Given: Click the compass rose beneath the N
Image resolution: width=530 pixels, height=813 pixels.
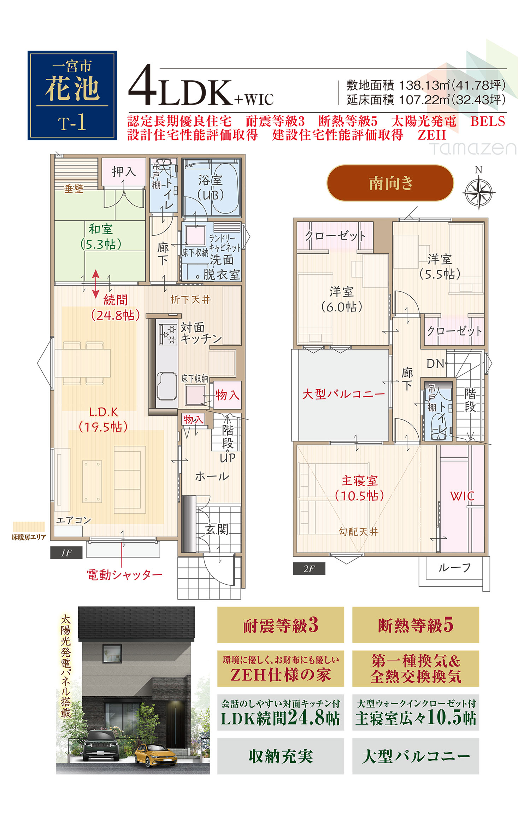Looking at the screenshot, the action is tap(478, 193).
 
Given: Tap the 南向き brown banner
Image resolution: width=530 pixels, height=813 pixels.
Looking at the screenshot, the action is tap(390, 183).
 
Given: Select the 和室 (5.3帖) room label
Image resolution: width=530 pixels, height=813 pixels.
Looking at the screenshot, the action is tap(101, 236).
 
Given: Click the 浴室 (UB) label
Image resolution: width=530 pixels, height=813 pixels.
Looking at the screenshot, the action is tap(211, 187).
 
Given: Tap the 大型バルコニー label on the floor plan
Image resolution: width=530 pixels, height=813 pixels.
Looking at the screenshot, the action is tap(343, 394).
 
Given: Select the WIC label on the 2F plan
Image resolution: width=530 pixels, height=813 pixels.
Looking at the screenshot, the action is tap(462, 496).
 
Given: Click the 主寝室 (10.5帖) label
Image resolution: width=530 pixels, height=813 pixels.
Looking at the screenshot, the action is tap(359, 488).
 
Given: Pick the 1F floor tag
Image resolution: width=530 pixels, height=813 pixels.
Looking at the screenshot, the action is tap(66, 553).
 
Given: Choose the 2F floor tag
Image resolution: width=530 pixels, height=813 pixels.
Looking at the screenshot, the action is tap(309, 569).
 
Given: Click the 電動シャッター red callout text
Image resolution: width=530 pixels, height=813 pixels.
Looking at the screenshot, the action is tap(124, 575).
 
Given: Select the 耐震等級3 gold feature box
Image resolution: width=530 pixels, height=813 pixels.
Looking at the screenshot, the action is tap(281, 625).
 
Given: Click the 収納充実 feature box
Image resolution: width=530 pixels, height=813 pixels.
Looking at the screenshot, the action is tap(281, 756).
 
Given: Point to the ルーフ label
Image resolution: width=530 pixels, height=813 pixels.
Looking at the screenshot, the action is tap(454, 568).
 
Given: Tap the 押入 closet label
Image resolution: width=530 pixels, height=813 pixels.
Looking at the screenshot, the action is tap(124, 172).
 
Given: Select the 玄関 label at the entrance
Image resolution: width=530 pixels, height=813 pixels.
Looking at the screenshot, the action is tap(217, 529).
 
